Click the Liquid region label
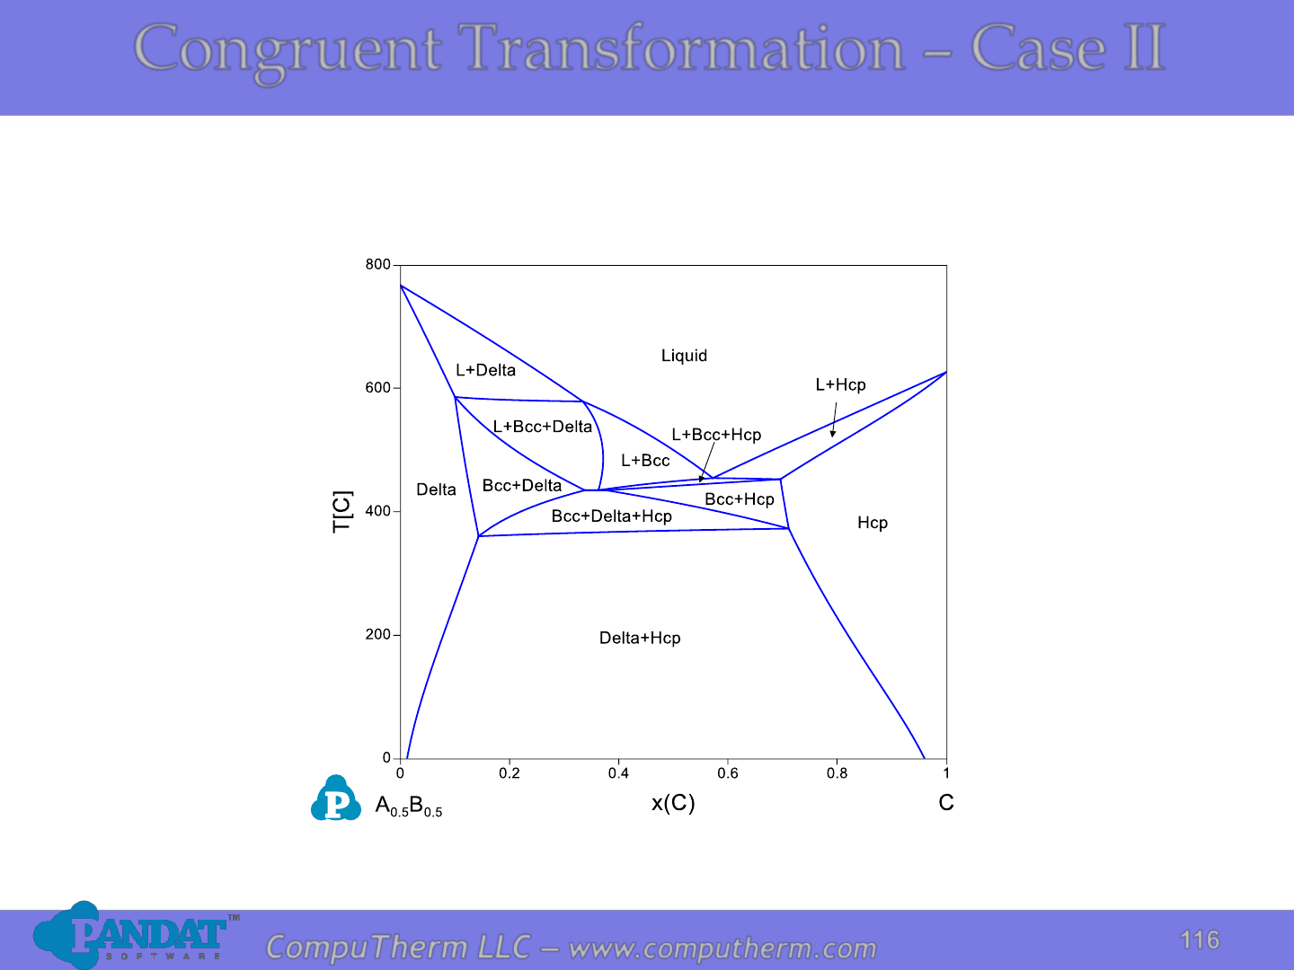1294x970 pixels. [684, 356]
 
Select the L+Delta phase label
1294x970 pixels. [486, 370]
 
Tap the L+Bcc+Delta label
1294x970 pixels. [543, 427]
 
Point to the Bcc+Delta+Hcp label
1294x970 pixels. [611, 516]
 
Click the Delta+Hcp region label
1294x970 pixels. [640, 638]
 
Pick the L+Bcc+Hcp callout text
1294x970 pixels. [716, 435]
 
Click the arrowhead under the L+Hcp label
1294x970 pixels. [832, 434]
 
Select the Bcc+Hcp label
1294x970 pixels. [740, 499]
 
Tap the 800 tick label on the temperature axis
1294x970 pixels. [378, 264]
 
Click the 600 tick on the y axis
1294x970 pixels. [378, 388]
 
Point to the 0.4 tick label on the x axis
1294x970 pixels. [618, 773]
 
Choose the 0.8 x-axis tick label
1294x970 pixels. [837, 773]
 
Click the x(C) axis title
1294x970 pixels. [673, 803]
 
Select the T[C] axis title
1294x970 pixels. [342, 512]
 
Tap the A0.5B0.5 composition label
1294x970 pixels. [409, 806]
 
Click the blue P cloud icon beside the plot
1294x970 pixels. [335, 798]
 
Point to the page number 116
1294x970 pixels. [1199, 940]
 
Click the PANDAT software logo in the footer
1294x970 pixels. [136, 935]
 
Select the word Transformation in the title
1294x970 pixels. [681, 48]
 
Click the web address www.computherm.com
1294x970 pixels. [722, 948]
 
